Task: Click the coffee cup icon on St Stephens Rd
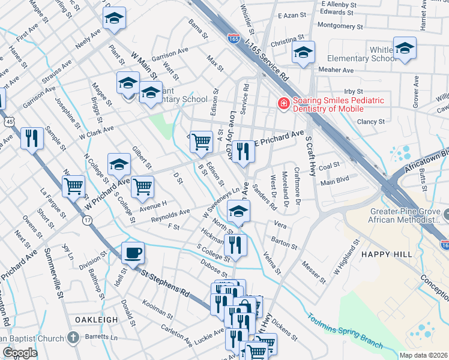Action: [x=133, y=253]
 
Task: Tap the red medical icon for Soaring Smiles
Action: [x=282, y=104]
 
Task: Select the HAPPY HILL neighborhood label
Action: [x=387, y=254]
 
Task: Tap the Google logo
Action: [x=20, y=353]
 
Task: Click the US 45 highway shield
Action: [x=7, y=122]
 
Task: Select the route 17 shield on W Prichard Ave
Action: [x=88, y=221]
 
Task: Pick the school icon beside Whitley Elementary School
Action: [x=405, y=49]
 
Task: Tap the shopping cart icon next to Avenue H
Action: [x=142, y=187]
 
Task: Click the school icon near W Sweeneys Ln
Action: [x=238, y=211]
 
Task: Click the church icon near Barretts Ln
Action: [x=73, y=337]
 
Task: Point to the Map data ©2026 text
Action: [x=423, y=355]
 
